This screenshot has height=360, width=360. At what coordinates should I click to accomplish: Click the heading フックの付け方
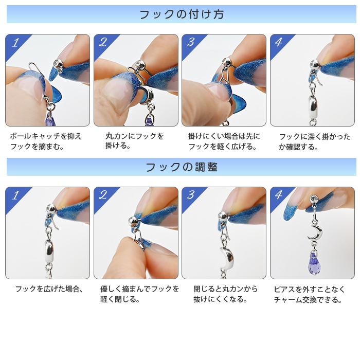click(182, 14)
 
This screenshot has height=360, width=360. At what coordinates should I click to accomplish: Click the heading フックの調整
click(182, 167)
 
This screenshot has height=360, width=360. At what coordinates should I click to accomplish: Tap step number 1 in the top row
click(15, 43)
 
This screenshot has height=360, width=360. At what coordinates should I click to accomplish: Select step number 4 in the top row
click(279, 42)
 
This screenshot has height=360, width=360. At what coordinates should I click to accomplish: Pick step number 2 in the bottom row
click(103, 195)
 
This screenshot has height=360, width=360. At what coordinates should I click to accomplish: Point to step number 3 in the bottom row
click(191, 195)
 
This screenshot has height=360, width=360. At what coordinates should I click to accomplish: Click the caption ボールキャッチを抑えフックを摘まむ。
click(46, 141)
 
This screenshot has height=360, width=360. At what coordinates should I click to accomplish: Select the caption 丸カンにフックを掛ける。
click(134, 140)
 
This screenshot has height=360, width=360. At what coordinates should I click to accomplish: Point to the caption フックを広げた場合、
click(49, 289)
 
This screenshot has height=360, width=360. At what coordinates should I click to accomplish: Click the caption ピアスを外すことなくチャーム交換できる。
click(309, 294)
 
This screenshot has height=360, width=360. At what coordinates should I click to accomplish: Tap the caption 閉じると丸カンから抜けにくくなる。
click(225, 294)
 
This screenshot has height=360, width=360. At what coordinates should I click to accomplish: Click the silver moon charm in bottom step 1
click(49, 251)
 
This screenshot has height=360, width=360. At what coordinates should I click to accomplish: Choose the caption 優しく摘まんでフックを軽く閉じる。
click(139, 294)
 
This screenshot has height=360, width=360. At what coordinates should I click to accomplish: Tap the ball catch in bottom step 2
click(134, 222)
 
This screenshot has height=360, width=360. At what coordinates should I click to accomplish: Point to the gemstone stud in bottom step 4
click(314, 198)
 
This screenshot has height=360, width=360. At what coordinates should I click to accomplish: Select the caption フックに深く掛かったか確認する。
click(315, 141)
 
